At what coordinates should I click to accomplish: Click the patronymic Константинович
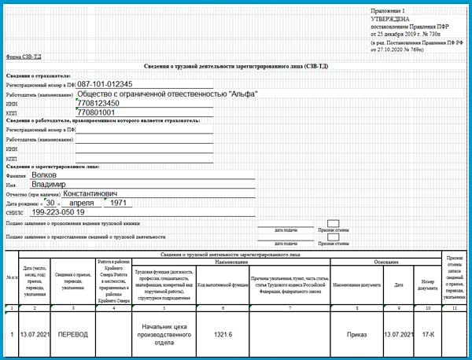(90, 193)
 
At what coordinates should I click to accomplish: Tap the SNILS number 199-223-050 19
(57, 212)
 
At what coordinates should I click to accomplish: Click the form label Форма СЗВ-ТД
(23, 57)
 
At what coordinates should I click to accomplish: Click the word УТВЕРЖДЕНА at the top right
(389, 18)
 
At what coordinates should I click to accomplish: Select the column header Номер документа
(427, 283)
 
